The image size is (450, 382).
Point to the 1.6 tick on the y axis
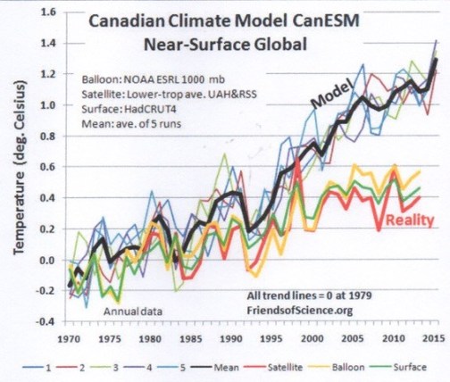pos(50,13)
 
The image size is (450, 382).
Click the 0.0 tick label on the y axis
pos(50,261)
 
